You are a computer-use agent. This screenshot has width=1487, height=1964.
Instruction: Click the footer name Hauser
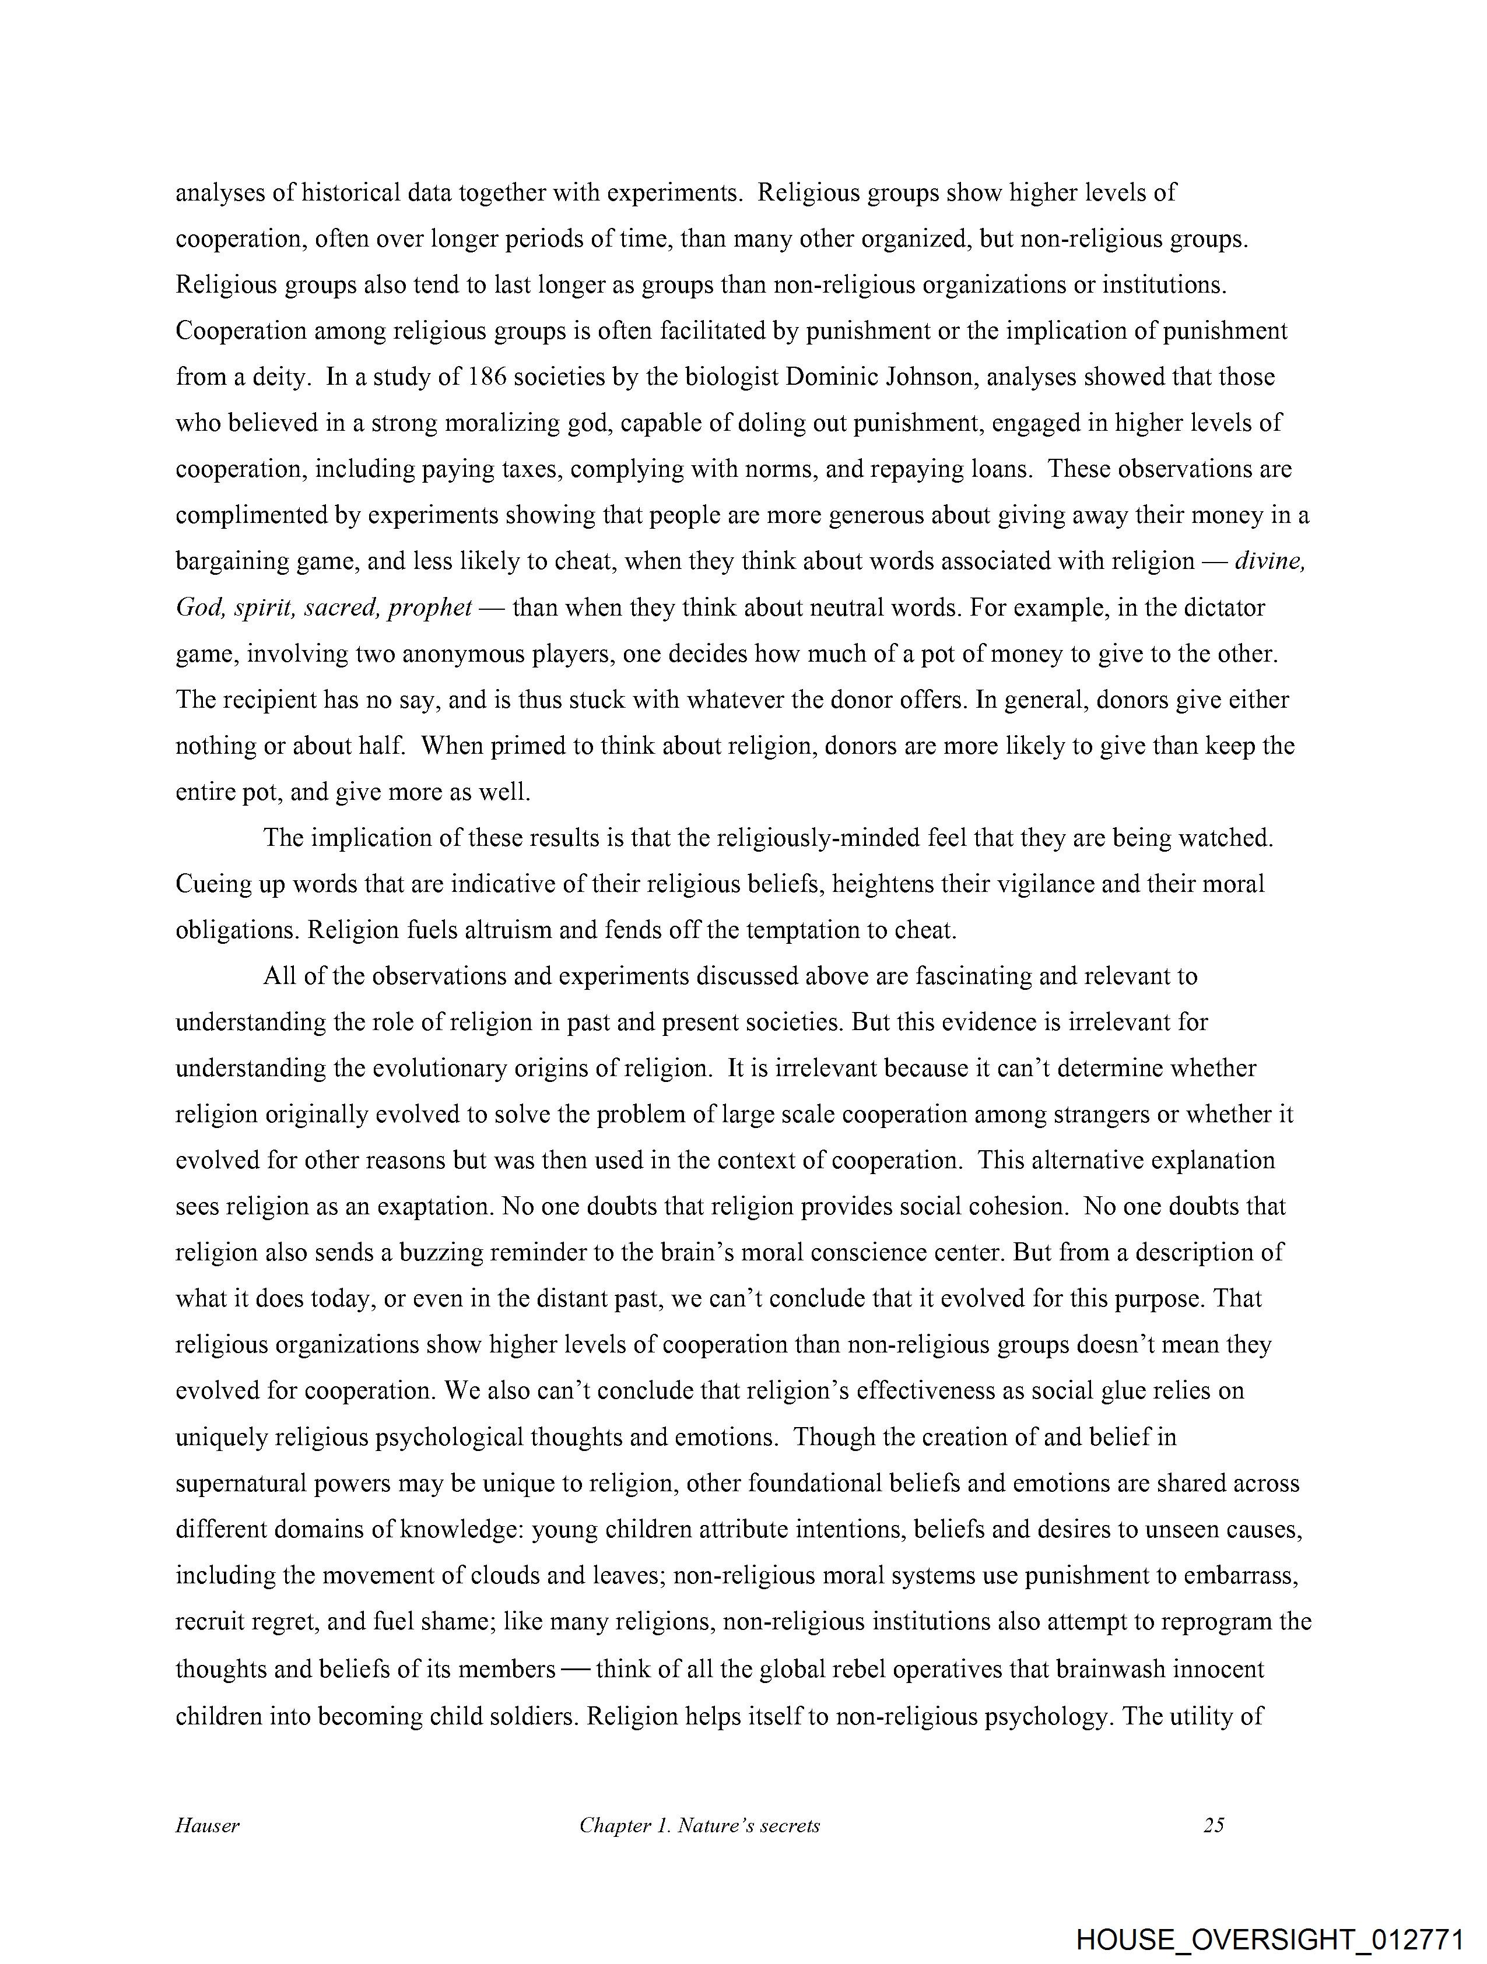(x=207, y=1825)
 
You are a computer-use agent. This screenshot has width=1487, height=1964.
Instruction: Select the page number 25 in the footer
(x=1214, y=1825)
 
